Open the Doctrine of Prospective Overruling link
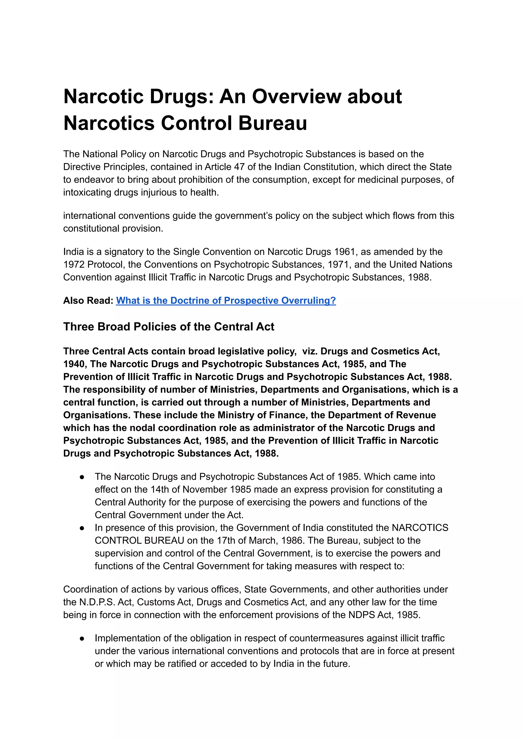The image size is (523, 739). [x=226, y=301]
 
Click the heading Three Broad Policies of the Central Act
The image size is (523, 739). [x=169, y=327]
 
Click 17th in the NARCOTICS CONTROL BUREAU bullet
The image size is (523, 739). [x=226, y=541]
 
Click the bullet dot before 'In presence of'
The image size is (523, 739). [x=82, y=528]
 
